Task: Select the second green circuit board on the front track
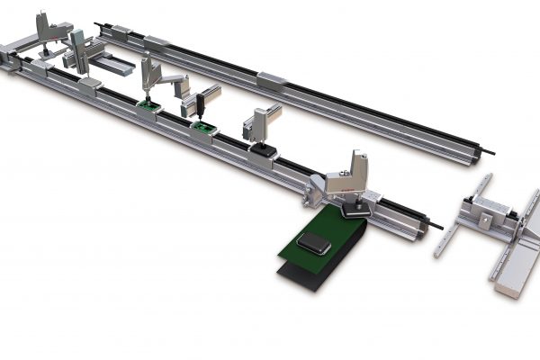204,130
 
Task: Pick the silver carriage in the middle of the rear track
271,80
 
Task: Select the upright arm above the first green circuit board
146,76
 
